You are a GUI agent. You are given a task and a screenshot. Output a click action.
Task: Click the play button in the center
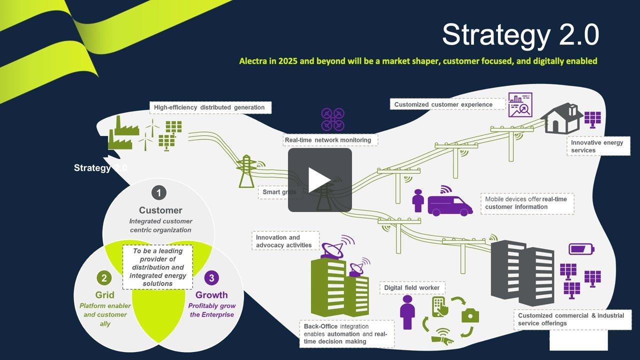pyautogui.click(x=319, y=180)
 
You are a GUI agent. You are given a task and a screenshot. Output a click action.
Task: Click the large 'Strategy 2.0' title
pyautogui.click(x=520, y=35)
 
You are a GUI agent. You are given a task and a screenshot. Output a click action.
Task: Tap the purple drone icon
pyautogui.click(x=332, y=119)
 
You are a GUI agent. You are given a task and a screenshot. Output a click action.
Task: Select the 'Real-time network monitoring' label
pyautogui.click(x=328, y=140)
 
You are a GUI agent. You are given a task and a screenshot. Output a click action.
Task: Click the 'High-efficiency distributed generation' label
pyautogui.click(x=209, y=107)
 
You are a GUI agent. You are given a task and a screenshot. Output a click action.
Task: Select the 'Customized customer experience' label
pyautogui.click(x=443, y=104)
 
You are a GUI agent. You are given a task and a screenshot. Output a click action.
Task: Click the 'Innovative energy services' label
pyautogui.click(x=597, y=146)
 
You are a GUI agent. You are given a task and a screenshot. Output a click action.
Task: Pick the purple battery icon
pyautogui.click(x=581, y=248)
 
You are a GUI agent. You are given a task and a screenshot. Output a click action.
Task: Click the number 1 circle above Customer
pyautogui.click(x=158, y=192)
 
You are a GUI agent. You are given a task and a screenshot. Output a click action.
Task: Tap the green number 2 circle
pyautogui.click(x=104, y=278)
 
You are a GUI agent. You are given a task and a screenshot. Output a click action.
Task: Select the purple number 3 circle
pyautogui.click(x=211, y=278)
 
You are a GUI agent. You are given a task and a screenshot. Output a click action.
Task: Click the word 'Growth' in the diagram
pyautogui.click(x=211, y=295)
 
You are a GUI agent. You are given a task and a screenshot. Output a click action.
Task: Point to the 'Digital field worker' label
pyautogui.click(x=412, y=288)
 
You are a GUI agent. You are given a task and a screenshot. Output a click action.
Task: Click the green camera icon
pyautogui.click(x=470, y=315)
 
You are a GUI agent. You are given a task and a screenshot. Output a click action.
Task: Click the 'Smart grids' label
pyautogui.click(x=279, y=192)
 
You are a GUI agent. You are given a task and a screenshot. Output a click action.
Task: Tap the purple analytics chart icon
pyautogui.click(x=520, y=105)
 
